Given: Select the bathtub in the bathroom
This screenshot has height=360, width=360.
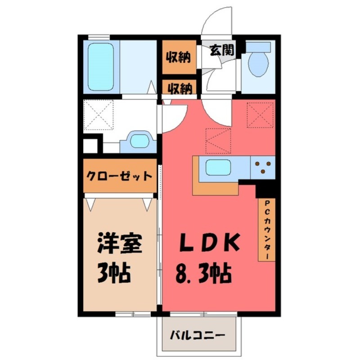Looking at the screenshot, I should [100, 66].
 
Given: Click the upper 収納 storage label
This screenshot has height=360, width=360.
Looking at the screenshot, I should [178, 58].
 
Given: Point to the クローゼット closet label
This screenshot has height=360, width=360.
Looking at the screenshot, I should [119, 175].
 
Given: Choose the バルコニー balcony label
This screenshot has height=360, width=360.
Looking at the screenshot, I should [197, 335].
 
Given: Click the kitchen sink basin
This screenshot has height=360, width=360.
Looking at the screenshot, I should [218, 168].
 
